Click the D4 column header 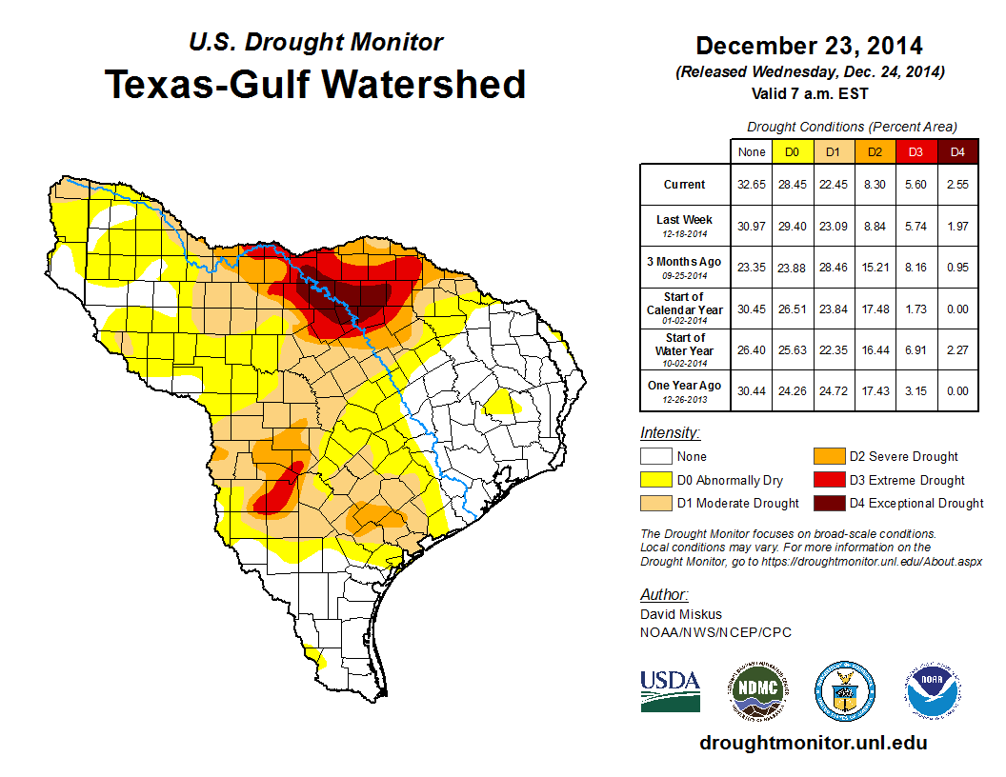pyautogui.click(x=957, y=152)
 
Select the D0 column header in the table pyautogui.click(x=792, y=152)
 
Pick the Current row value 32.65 pyautogui.click(x=751, y=185)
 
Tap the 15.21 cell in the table pyautogui.click(x=875, y=268)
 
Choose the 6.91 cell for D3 pyautogui.click(x=915, y=349)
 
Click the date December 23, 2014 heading pyautogui.click(x=809, y=46)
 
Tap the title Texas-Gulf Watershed pyautogui.click(x=315, y=84)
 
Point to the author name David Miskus pyautogui.click(x=681, y=615)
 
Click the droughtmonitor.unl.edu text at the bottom pyautogui.click(x=813, y=743)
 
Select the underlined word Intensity pyautogui.click(x=670, y=433)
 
